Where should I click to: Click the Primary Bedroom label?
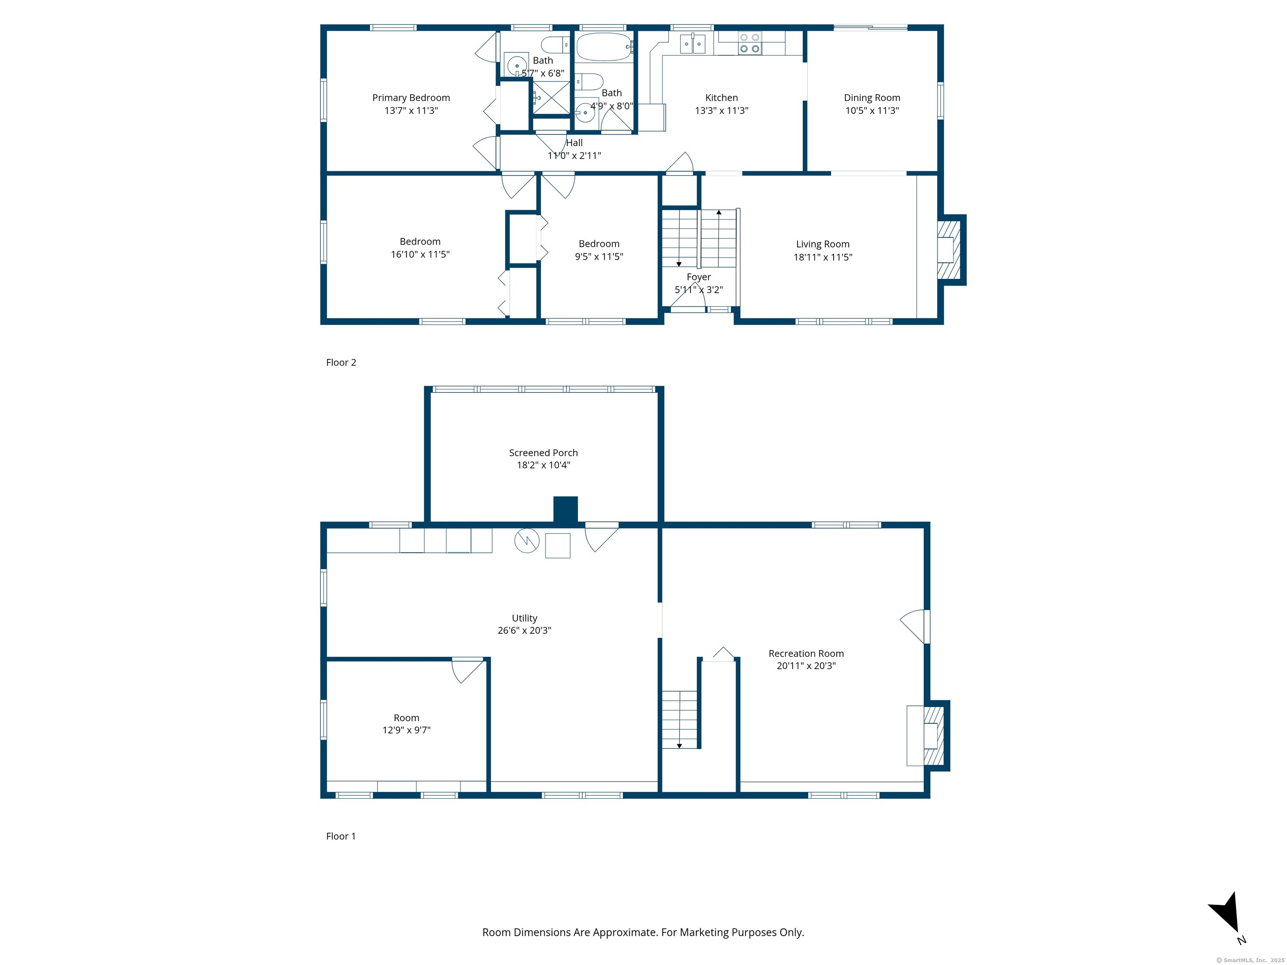point(411,98)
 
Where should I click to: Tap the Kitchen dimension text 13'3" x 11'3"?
point(721,111)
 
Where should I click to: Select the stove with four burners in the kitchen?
point(749,43)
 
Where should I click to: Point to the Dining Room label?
point(871,98)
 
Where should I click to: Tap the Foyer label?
point(698,277)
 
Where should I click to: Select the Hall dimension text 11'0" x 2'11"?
point(574,155)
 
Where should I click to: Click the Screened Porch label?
point(543,452)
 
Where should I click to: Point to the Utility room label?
point(524,618)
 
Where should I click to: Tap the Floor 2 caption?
point(341,362)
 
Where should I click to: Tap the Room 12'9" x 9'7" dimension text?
point(406,730)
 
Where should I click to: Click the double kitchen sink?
point(693,44)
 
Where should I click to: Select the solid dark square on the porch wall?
point(565,510)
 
